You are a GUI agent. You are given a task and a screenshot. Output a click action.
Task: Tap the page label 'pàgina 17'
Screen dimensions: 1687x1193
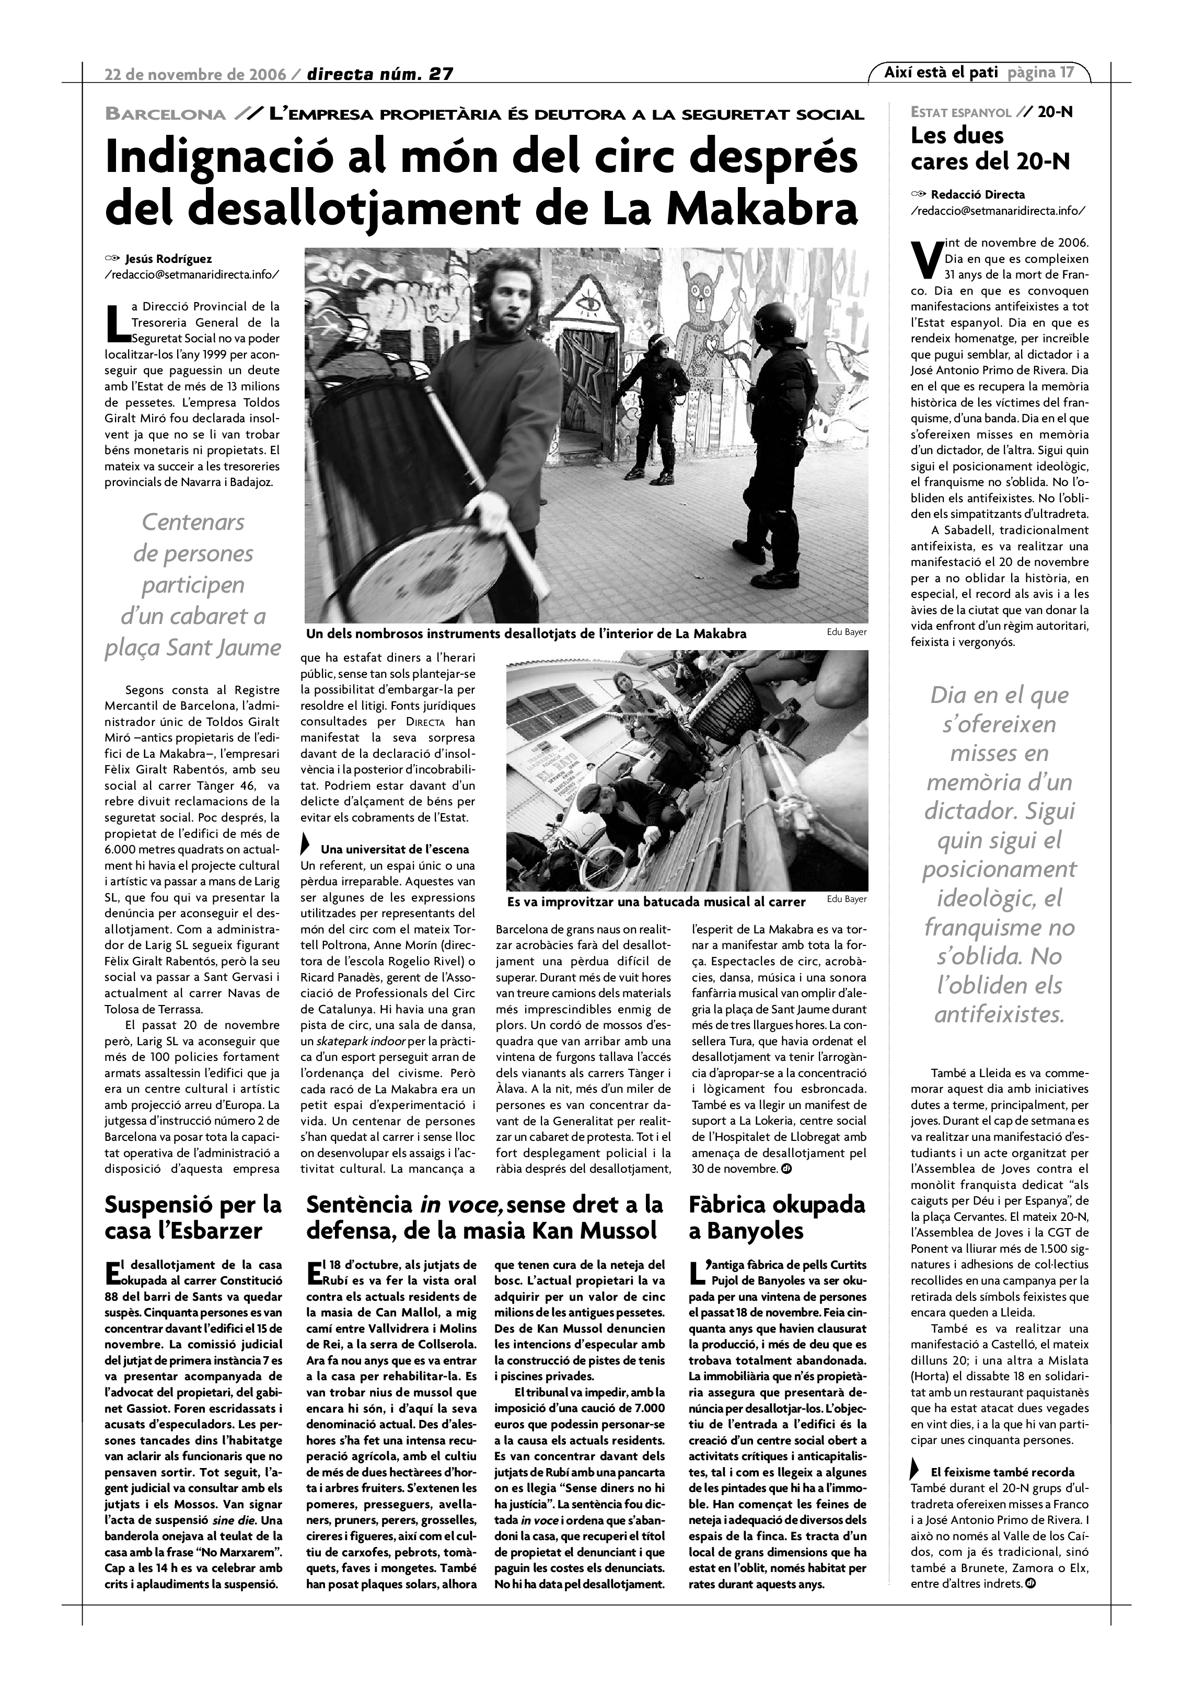1040,73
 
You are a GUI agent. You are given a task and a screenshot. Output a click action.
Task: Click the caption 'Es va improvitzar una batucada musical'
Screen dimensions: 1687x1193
656,902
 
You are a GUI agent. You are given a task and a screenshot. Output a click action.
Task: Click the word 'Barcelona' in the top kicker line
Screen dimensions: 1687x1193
166,114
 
